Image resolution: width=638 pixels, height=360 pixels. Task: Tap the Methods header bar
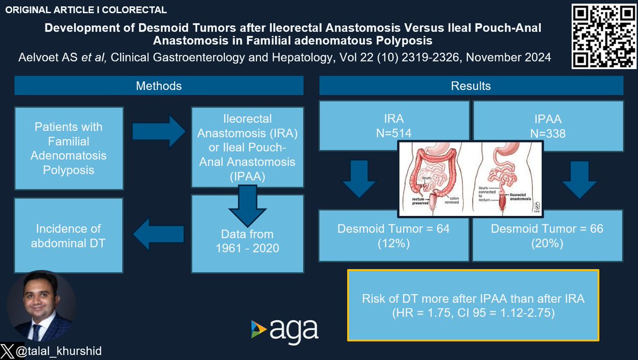pyautogui.click(x=158, y=86)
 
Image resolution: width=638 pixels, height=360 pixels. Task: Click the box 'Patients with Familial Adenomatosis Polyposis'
pyautogui.click(x=69, y=148)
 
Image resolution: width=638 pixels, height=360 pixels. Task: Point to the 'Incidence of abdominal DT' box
pyautogui.click(x=69, y=236)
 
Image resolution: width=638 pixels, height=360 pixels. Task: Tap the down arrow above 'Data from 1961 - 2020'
pyautogui.click(x=247, y=205)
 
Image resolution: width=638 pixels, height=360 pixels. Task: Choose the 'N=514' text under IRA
pyautogui.click(x=393, y=135)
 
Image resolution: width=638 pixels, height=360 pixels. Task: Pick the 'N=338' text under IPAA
pyautogui.click(x=547, y=135)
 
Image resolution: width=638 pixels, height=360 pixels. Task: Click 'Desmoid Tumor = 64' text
pyautogui.click(x=393, y=229)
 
